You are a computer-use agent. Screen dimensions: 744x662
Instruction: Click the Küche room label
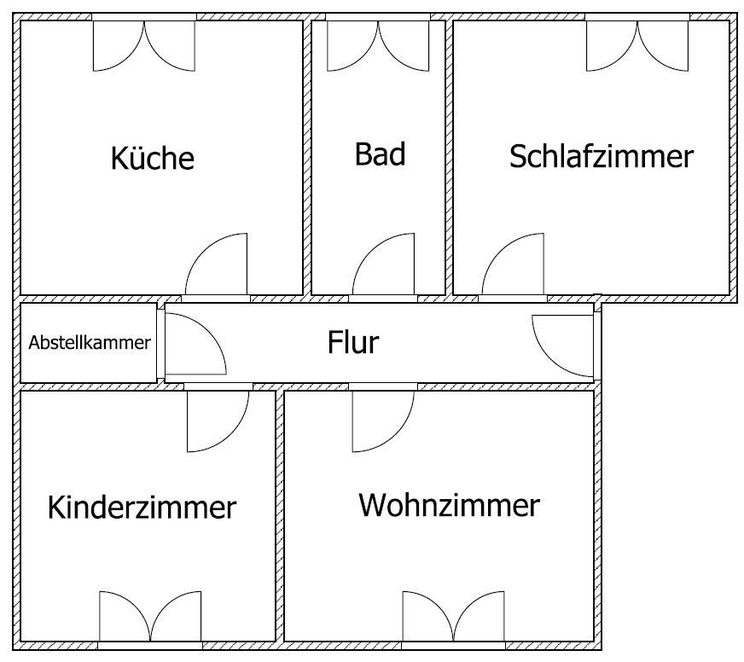153,159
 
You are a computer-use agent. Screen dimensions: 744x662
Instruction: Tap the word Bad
380,154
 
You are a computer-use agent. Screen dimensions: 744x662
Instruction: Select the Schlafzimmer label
602,157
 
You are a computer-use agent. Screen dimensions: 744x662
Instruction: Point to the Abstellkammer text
90,343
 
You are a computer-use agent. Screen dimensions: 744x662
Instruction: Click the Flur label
353,343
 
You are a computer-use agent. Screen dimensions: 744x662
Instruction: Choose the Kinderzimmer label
142,507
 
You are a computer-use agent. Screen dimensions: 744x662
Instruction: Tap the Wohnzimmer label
449,505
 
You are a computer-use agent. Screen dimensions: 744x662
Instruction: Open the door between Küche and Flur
216,266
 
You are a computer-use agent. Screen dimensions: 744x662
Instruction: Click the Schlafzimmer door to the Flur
512,266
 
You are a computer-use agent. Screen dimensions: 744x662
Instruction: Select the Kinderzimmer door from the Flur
218,420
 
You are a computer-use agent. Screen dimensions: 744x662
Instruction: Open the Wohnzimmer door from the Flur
384,420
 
